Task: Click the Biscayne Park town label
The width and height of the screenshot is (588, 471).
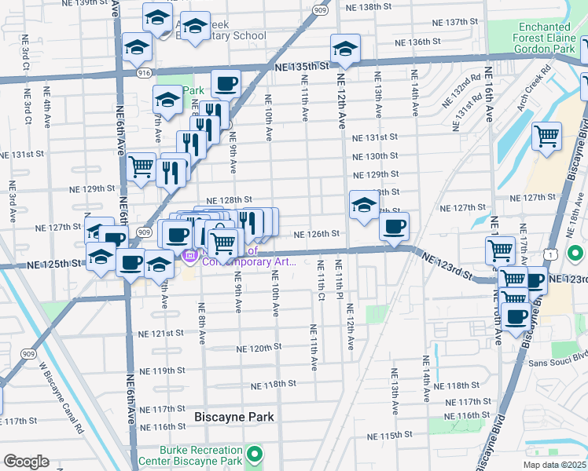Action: pyautogui.click(x=234, y=417)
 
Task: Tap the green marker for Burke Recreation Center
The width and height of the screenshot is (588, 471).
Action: pyautogui.click(x=255, y=455)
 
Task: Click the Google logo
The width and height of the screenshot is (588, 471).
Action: pyautogui.click(x=26, y=462)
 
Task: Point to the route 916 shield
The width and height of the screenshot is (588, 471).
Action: pyautogui.click(x=144, y=71)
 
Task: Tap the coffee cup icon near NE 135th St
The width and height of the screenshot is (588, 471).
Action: pyautogui.click(x=226, y=83)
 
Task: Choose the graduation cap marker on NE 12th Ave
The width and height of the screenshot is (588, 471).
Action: pyautogui.click(x=345, y=49)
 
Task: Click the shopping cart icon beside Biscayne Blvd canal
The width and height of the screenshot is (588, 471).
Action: pyautogui.click(x=546, y=136)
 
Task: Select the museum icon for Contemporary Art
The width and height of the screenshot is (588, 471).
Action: pyautogui.click(x=189, y=257)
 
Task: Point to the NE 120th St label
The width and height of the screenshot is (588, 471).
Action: pyautogui.click(x=259, y=347)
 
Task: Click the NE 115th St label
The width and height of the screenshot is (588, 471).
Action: pyautogui.click(x=389, y=436)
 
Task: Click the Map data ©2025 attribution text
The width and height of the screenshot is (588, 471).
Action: pyautogui.click(x=553, y=465)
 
